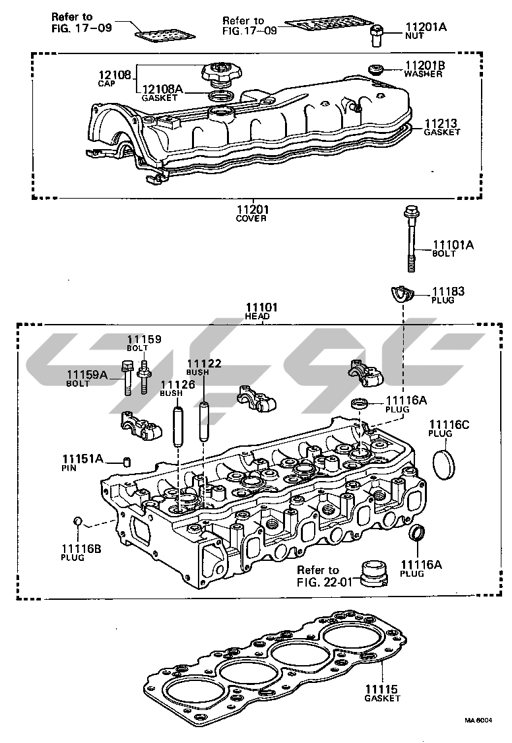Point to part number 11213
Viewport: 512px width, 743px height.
pos(440,123)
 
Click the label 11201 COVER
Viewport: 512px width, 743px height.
pos(252,210)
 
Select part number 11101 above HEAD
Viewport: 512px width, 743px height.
pos(261,307)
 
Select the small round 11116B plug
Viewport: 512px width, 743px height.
pos(77,523)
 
